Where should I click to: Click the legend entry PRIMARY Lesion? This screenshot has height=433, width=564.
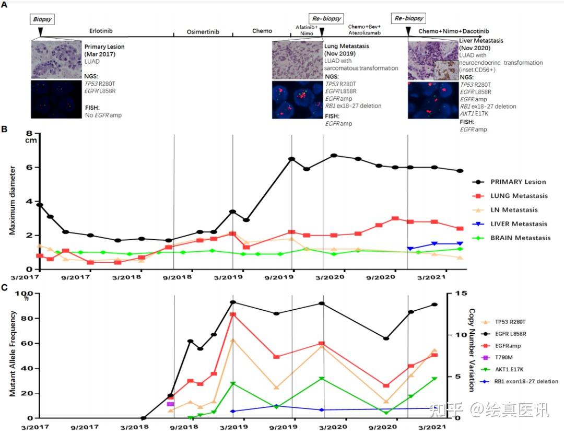pos(517,182)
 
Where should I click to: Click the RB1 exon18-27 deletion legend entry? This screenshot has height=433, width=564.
pos(526,382)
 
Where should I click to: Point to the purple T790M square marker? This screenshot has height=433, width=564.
pos(170,404)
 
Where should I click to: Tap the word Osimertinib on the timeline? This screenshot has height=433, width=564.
pos(203,31)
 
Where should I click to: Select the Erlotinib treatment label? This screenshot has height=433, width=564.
pos(100,31)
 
